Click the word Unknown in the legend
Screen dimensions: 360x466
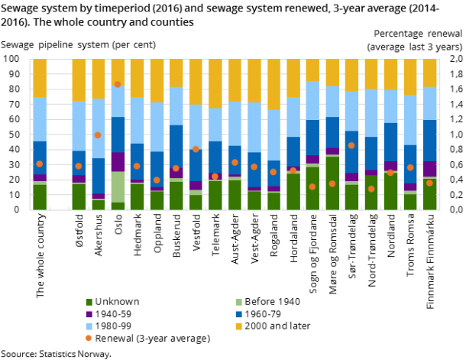point(117,302)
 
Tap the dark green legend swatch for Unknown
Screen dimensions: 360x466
point(89,302)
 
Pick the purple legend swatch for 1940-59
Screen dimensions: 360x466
point(89,314)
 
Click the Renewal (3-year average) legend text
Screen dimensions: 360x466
point(153,339)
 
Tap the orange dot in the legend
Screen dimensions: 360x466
point(89,339)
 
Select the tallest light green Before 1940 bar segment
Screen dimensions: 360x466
point(118,186)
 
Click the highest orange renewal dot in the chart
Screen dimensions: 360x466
point(118,84)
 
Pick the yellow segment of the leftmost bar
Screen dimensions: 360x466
point(39,78)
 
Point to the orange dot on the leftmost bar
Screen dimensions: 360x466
point(39,164)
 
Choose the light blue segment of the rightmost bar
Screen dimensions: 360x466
point(430,103)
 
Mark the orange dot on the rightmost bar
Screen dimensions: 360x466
point(429,183)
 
